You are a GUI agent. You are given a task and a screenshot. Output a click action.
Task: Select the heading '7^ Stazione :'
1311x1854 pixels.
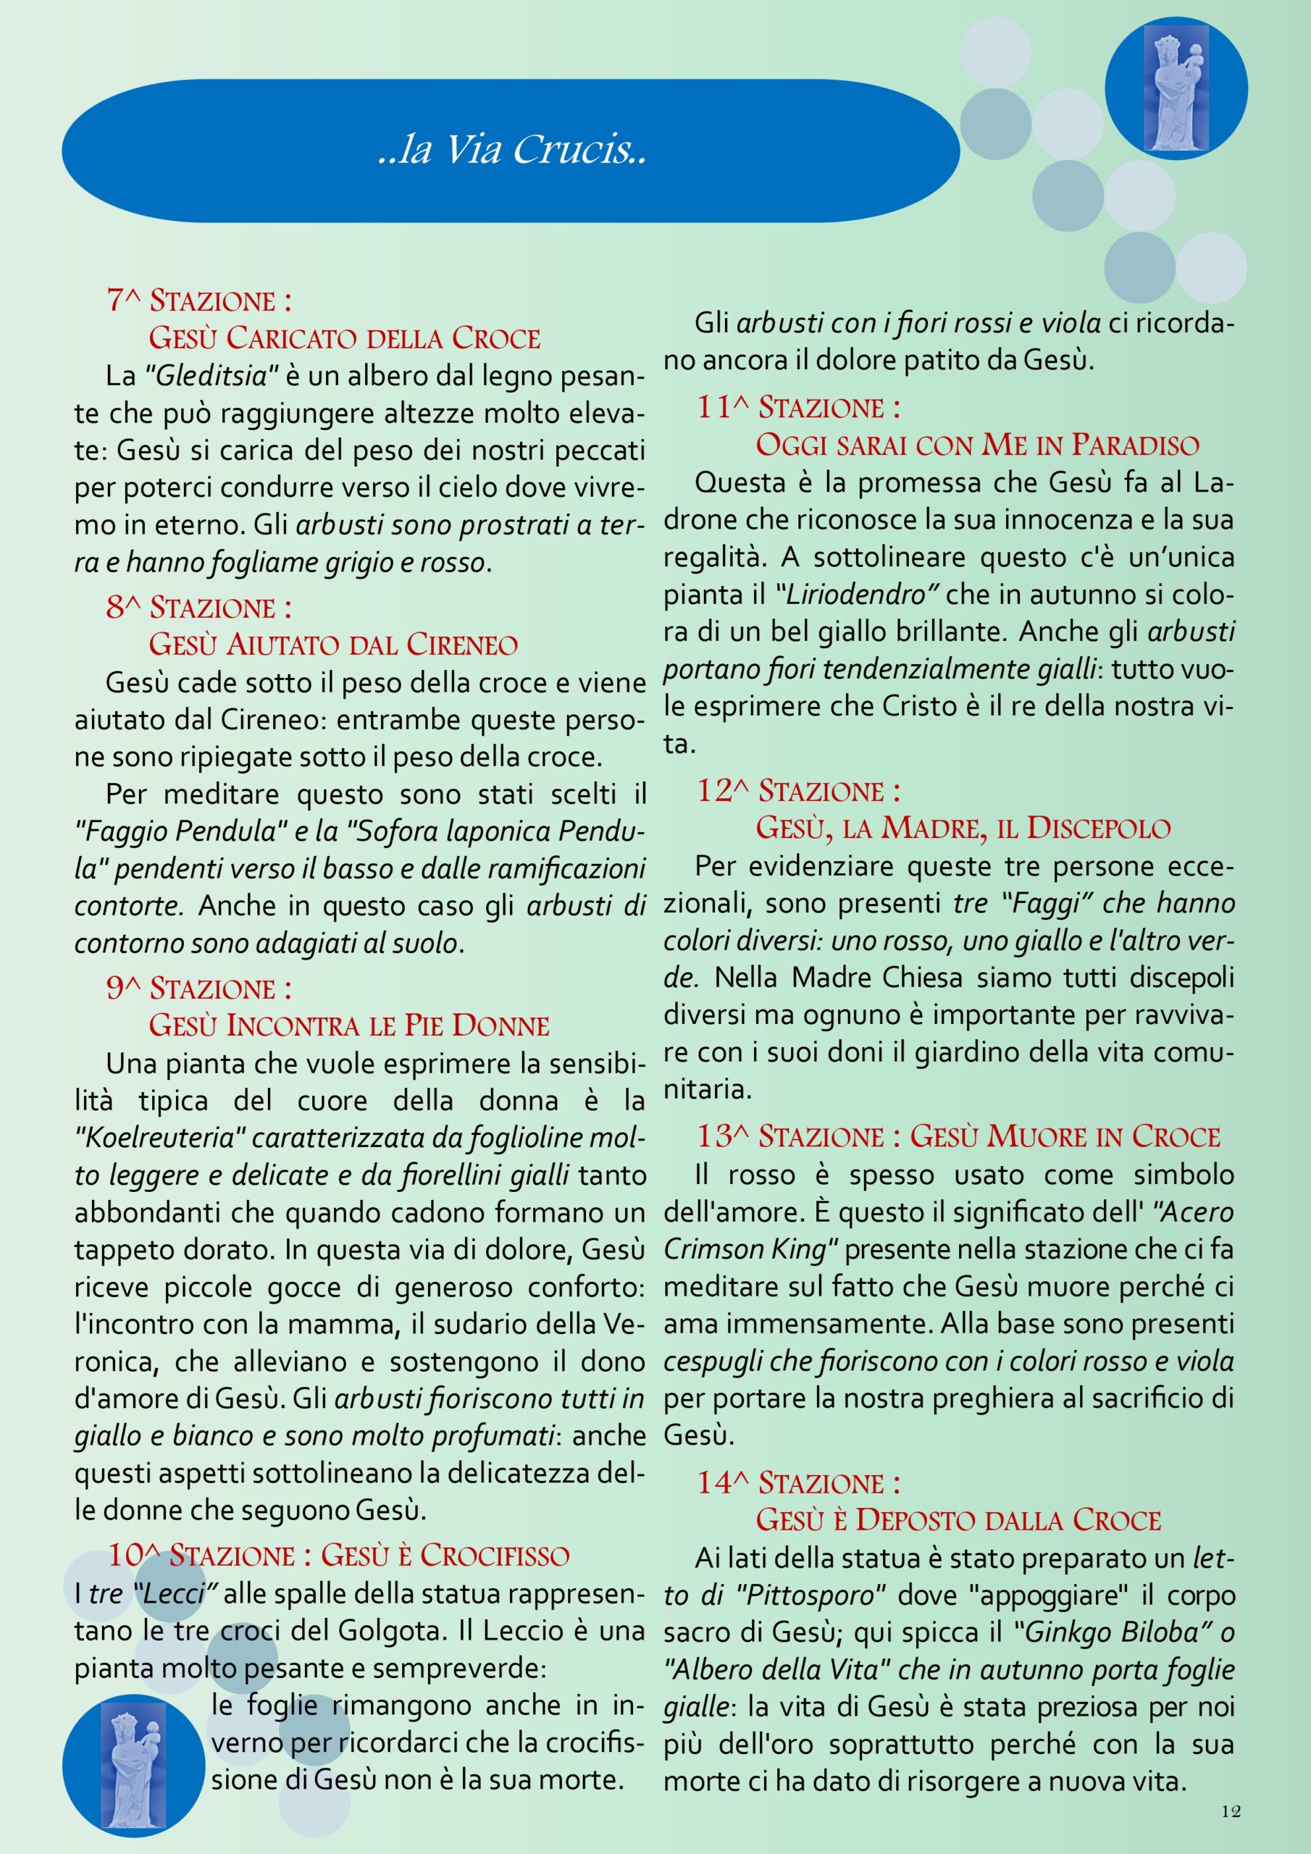[x=198, y=301]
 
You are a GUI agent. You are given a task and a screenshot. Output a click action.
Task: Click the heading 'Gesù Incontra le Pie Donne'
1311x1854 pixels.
[x=349, y=1025]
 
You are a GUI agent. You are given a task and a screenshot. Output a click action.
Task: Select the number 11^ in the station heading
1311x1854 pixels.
[x=721, y=408]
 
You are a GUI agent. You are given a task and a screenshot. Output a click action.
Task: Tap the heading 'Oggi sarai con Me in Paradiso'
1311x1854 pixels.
[x=976, y=445]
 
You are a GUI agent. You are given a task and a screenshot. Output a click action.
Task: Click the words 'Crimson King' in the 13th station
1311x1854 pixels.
[x=745, y=1250]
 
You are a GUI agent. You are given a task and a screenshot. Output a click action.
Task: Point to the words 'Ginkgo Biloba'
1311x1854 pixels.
[x=1117, y=1632]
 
